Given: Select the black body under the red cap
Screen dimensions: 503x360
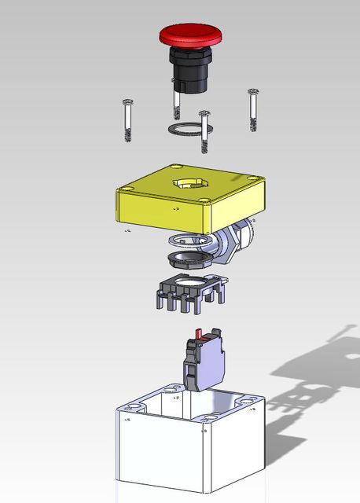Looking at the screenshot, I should point(190,71).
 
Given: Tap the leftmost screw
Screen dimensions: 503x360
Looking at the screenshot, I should point(128,119).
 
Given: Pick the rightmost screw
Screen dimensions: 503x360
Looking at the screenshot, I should point(253,109).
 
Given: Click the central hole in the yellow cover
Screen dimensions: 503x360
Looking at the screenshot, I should point(188,184).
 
